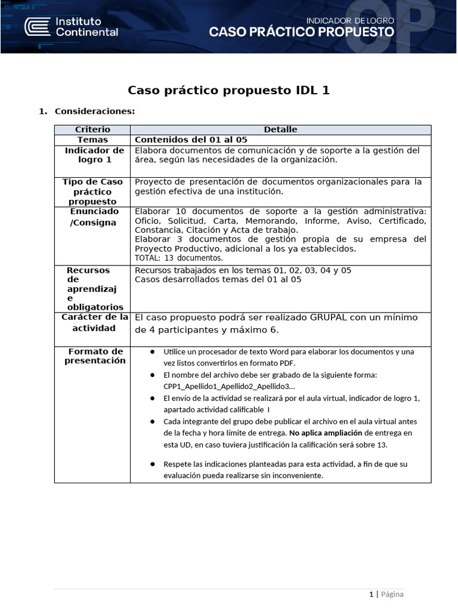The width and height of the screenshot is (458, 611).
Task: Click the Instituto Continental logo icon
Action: (x=37, y=27)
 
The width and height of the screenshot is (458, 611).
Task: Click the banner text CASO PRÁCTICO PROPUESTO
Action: (x=301, y=33)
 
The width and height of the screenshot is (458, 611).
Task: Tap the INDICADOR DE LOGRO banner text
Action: (x=349, y=20)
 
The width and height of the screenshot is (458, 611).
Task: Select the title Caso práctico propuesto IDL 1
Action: (x=228, y=90)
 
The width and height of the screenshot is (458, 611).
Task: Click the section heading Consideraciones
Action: (x=94, y=111)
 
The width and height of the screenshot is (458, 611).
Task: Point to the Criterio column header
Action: (x=92, y=129)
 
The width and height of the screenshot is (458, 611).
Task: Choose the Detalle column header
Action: (x=280, y=129)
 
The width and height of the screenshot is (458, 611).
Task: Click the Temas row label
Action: (x=92, y=140)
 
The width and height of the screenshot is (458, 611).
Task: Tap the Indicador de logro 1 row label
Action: (x=94, y=155)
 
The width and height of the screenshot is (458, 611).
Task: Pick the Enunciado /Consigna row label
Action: (x=94, y=217)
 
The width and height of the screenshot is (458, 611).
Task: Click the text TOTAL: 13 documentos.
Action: (x=179, y=258)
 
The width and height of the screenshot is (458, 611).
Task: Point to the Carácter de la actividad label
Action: (x=94, y=323)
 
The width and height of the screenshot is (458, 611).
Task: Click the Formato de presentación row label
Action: (x=95, y=356)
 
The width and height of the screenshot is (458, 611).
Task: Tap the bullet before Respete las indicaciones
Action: (x=153, y=464)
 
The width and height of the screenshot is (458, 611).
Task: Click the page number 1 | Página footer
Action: (x=386, y=594)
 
